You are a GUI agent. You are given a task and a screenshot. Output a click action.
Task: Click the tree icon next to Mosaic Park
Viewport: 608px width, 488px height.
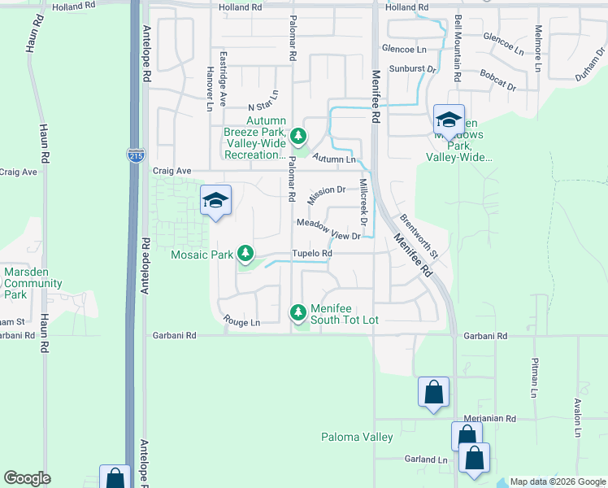tap(244, 255)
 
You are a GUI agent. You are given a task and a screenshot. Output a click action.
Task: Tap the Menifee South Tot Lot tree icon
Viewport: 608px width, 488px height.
tap(299, 312)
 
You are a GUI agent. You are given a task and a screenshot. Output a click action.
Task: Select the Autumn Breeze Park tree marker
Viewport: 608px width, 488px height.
tap(299, 135)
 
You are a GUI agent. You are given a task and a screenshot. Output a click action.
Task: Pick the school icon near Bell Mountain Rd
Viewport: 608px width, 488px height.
tap(449, 120)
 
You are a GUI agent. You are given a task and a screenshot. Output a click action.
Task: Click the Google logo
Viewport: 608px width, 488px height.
tap(27, 478)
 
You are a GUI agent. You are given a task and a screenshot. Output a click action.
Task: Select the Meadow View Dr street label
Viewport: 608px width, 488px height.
tap(328, 229)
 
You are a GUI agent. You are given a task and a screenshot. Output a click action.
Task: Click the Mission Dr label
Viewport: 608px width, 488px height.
tap(327, 195)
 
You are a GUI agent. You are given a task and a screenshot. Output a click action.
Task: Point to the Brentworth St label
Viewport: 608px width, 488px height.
tap(419, 237)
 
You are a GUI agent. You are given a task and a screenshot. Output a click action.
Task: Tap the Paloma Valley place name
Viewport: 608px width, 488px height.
tap(356, 438)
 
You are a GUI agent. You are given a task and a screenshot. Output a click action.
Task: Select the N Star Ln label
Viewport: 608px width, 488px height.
tap(263, 107)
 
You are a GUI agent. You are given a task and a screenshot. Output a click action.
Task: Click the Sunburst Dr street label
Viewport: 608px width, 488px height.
tap(412, 69)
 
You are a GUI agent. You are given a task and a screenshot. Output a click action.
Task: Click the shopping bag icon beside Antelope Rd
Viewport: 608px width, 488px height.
tap(115, 477)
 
